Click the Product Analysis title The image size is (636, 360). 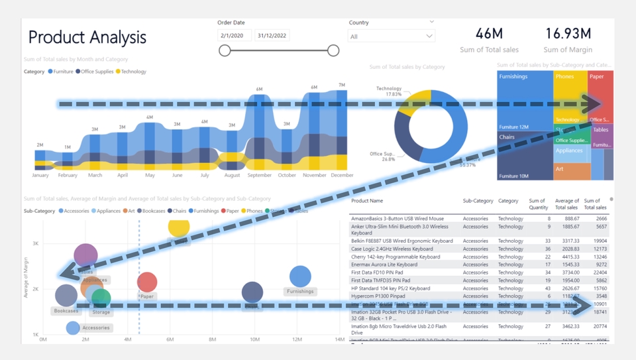pos(87,37)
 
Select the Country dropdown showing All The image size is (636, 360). pos(391,36)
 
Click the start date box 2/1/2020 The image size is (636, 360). pos(235,35)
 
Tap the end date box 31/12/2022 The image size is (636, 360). pos(272,35)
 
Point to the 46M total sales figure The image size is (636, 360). pos(489,33)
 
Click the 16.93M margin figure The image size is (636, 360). pos(568,33)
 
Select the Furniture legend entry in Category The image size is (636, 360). pos(60,72)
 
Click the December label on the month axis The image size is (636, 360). pos(341,175)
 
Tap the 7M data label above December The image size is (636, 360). pos(341,86)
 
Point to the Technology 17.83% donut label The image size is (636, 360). pos(389,91)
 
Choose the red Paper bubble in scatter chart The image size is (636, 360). pos(147,282)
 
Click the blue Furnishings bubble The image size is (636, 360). pos(300,276)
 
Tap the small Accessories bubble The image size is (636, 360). pos(73,328)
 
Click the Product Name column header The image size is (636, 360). pos(367,201)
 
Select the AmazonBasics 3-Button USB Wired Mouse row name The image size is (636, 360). pos(397,218)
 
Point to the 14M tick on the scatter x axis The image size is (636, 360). pos(339,339)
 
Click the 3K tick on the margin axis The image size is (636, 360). pos(36,244)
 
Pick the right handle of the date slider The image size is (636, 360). pos(333,50)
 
